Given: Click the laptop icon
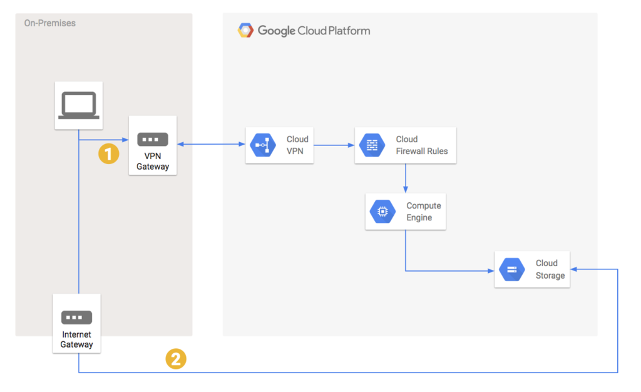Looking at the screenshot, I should point(78,105).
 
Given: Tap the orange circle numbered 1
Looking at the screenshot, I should point(109,153).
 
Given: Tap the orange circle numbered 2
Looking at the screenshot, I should point(175,359).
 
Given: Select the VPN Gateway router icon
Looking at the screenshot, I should point(153,139).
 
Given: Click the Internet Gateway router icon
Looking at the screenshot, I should point(76,317).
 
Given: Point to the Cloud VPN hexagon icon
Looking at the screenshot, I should point(262,145).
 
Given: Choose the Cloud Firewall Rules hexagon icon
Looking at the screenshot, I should point(372,145).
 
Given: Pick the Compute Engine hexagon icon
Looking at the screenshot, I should point(382,212).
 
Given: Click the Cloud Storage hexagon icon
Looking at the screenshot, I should point(512,270).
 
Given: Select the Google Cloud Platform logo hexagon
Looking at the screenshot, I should point(245,30).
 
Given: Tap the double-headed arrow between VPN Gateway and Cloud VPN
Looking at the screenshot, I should point(211,145).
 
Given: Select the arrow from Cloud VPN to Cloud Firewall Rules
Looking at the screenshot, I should point(334,145).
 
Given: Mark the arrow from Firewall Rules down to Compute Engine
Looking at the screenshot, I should point(406,178).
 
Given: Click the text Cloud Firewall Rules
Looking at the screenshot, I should point(421,145).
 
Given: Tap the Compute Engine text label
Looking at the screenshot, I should point(423,212).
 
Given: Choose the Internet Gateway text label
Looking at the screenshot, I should point(76,339).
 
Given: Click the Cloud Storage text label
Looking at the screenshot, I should point(550,270).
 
